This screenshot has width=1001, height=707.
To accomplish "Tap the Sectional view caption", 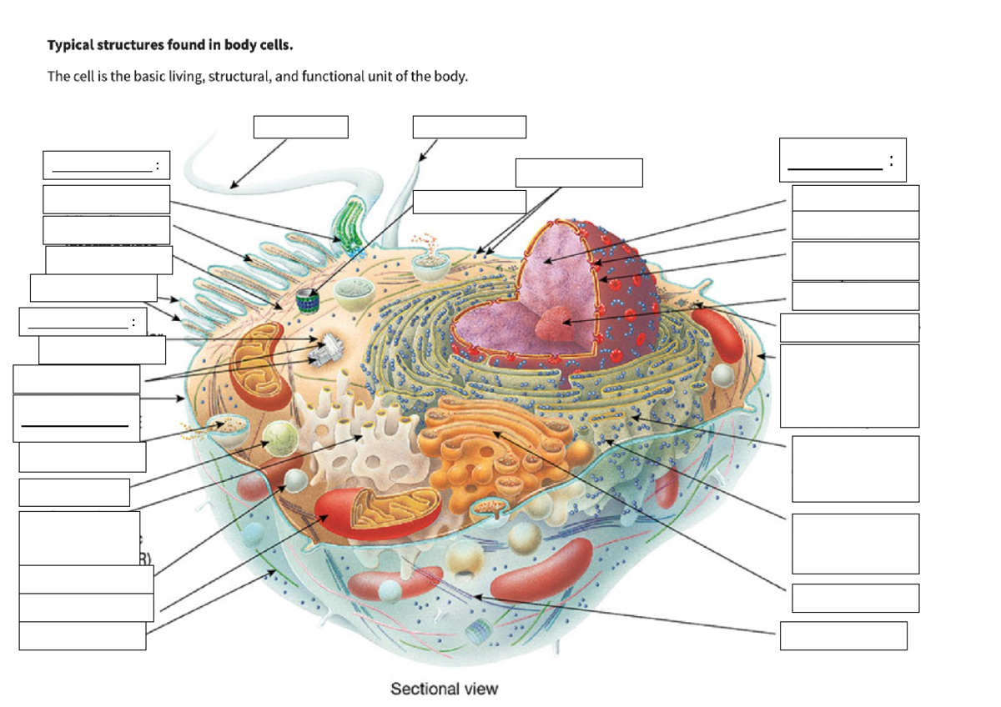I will coord(444,689).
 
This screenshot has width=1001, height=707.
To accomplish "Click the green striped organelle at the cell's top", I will coord(344,229).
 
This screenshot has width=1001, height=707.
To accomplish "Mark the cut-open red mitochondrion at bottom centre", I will coord(367,510).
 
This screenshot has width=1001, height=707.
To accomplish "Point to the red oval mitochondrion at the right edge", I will coord(717,333).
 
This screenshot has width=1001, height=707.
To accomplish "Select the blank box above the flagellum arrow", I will coord(300,127).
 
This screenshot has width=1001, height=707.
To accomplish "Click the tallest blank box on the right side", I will coord(850,385).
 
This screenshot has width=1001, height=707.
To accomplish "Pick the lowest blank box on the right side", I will coord(843,635).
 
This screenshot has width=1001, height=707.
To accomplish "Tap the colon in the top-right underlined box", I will coord(892,160).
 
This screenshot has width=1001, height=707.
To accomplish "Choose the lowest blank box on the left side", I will coord(83,636).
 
